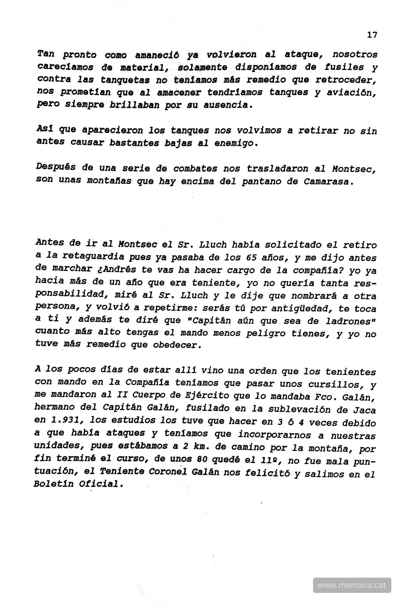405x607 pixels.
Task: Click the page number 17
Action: pyautogui.click(x=372, y=35)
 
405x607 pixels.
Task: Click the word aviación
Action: pyautogui.click(x=351, y=92)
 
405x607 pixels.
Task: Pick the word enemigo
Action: pyautogui.click(x=236, y=143)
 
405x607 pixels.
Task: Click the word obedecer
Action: pyautogui.click(x=177, y=345)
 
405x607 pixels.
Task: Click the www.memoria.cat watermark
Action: pyautogui.click(x=352, y=585)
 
